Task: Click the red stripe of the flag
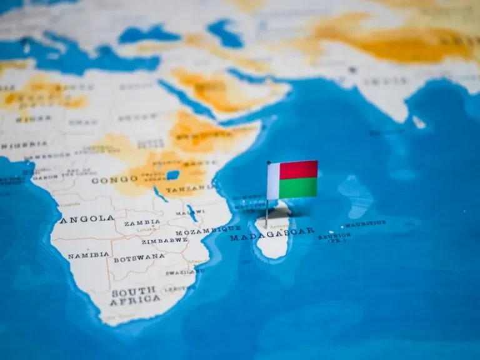[299, 169]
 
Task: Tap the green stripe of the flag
[299, 187]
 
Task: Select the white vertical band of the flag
[273, 181]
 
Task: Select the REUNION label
[334, 236]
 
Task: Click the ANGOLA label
[87, 219]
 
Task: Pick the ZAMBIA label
[142, 222]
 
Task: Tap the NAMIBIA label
[88, 256]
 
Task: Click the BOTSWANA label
[139, 257]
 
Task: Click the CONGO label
[114, 179]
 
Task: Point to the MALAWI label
[190, 212]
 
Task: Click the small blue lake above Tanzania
[172, 175]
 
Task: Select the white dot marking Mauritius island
[343, 226]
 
